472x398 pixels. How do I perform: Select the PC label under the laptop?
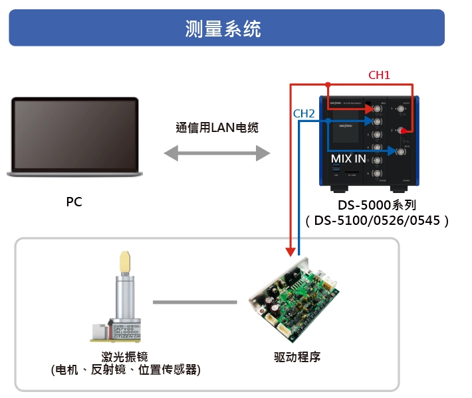(74, 202)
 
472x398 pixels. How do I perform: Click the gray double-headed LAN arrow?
(217, 155)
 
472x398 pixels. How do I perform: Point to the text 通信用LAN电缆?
(217, 127)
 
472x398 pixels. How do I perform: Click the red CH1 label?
(379, 76)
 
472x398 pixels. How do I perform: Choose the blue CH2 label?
(304, 113)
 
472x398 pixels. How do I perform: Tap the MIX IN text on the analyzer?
(348, 159)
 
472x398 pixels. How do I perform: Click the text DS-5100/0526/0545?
(376, 220)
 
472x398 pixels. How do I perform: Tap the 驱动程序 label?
(297, 356)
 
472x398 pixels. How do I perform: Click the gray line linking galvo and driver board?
(194, 302)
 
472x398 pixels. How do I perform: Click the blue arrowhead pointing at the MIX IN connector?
(389, 152)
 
